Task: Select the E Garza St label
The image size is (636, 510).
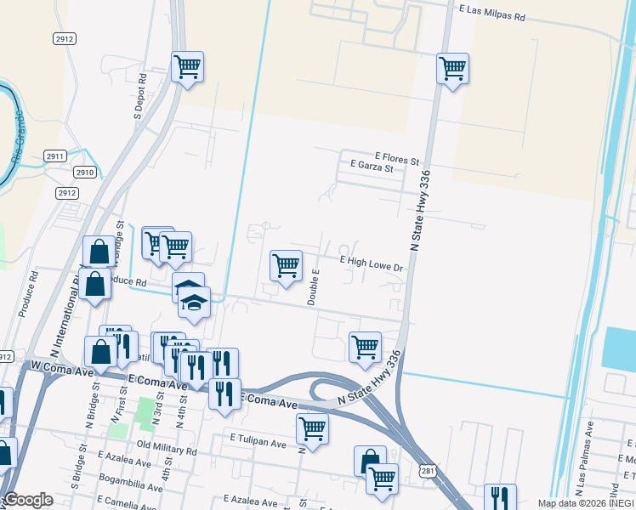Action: [x=366, y=167]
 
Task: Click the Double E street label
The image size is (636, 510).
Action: [x=313, y=287]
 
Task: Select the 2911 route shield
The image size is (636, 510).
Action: [x=55, y=156]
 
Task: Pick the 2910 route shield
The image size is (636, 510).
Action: [x=84, y=172]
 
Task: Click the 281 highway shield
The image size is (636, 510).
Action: [x=428, y=471]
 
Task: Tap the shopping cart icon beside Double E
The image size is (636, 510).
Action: [x=287, y=264]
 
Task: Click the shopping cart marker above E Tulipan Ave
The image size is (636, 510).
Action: [x=313, y=428]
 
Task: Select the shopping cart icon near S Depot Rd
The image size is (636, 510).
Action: [x=187, y=66]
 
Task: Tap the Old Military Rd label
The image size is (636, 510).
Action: [x=167, y=451]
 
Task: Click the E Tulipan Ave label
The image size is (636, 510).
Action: [x=258, y=443]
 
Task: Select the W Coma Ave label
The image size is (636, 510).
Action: [x=60, y=366]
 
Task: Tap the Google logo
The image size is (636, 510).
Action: [x=29, y=500]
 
